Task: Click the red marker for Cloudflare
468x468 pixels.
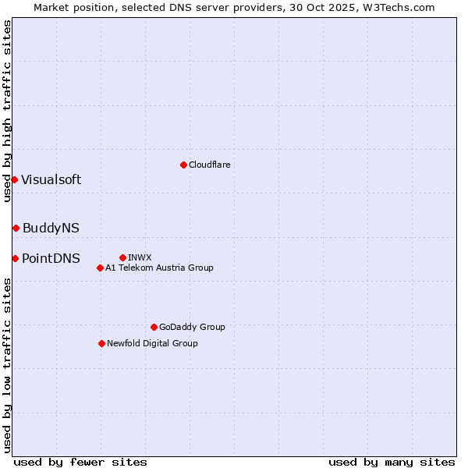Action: tap(183, 165)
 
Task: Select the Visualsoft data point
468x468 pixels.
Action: tap(14, 179)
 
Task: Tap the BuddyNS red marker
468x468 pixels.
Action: tap(16, 228)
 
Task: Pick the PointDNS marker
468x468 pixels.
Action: tap(15, 258)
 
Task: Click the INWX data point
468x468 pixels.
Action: tap(122, 257)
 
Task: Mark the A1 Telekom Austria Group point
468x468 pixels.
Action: tap(100, 268)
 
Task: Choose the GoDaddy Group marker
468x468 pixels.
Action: tap(154, 327)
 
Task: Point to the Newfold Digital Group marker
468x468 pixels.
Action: tap(101, 343)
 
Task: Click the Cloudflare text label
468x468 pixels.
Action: tap(209, 165)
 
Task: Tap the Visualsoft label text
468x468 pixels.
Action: tap(51, 179)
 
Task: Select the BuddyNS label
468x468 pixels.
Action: tap(51, 228)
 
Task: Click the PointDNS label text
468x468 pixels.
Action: tap(51, 258)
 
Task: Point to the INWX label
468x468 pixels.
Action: tap(140, 257)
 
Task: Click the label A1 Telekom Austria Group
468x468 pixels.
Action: tap(159, 268)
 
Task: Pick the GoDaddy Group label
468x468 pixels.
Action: tap(192, 327)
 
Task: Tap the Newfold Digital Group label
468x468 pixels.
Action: tap(152, 343)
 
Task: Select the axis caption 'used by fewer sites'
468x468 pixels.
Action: tap(80, 462)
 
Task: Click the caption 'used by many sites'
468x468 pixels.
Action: tap(392, 462)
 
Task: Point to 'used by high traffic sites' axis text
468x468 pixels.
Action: tap(7, 111)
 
